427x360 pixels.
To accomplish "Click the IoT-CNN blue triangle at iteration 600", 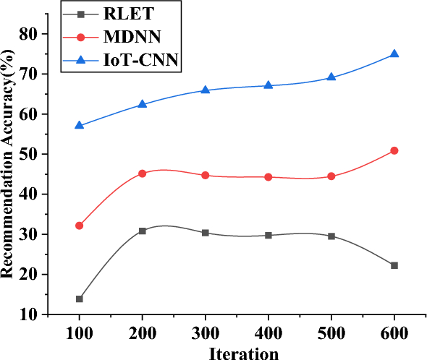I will pyautogui.click(x=394, y=54).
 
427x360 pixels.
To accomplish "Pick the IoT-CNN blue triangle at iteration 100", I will pyautogui.click(x=79, y=126).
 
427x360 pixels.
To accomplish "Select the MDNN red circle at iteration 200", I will pyautogui.click(x=142, y=173).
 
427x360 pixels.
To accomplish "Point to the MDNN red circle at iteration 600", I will pyautogui.click(x=394, y=150).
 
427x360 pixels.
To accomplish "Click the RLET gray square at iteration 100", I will pyautogui.click(x=79, y=299).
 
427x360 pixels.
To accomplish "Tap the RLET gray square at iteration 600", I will pyautogui.click(x=394, y=265).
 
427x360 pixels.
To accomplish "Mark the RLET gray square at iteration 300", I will pyautogui.click(x=206, y=233).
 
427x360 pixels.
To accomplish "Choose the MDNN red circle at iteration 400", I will pyautogui.click(x=269, y=177).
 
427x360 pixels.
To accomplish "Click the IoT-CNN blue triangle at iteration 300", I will pyautogui.click(x=206, y=90).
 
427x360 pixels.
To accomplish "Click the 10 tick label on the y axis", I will pyautogui.click(x=28, y=314).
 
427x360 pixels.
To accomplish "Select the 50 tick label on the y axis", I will pyautogui.click(x=28, y=154).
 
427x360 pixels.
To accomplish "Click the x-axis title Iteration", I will pyautogui.click(x=243, y=353).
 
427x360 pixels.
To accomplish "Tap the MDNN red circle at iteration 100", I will pyautogui.click(x=79, y=226).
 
